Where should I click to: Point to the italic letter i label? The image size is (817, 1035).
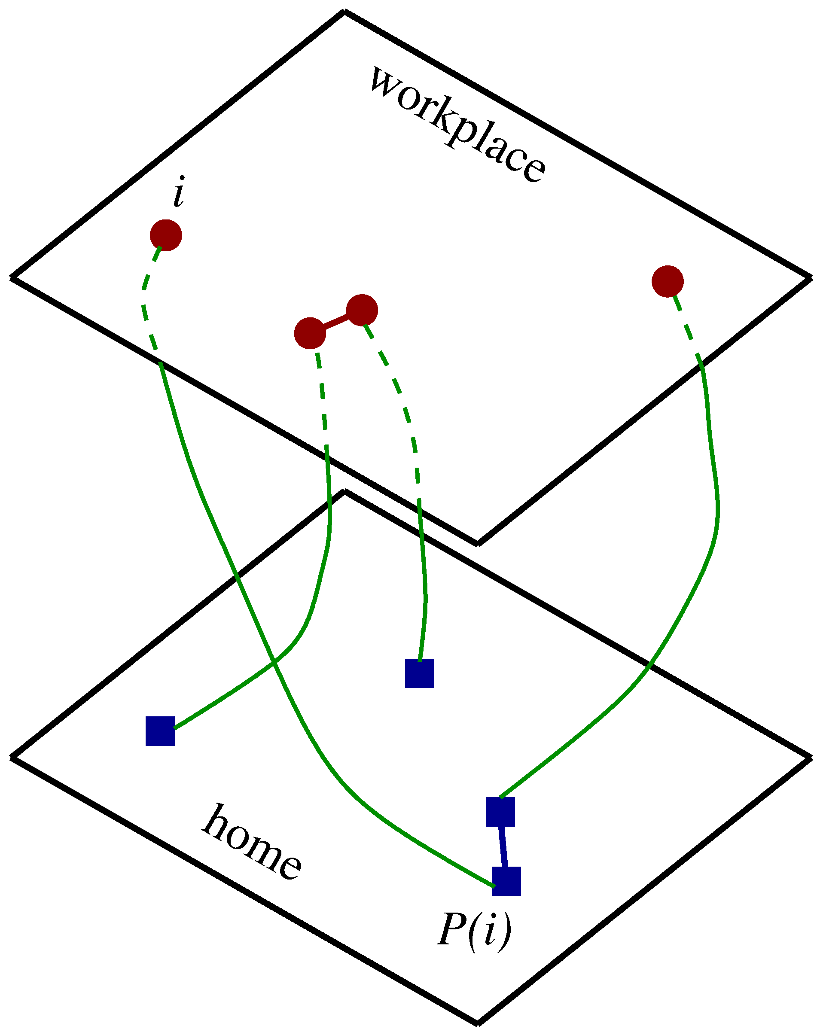point(179,192)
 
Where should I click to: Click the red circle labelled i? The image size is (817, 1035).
point(166,235)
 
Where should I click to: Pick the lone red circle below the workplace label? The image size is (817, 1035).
point(667,281)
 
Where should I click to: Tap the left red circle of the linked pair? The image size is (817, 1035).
point(310,333)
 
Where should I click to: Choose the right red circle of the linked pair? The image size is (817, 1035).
point(362,310)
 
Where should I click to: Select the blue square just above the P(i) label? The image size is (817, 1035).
point(506,881)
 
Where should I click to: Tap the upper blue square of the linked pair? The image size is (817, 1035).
point(500,812)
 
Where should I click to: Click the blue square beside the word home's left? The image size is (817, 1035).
point(160,731)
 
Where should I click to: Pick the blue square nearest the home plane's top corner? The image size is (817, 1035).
point(420,673)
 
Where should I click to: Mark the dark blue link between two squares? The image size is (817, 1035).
point(503,846)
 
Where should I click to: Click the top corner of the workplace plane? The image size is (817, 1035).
point(344,12)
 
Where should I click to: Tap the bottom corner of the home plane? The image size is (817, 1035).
point(477,1023)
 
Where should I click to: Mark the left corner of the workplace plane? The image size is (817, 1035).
point(12,277)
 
